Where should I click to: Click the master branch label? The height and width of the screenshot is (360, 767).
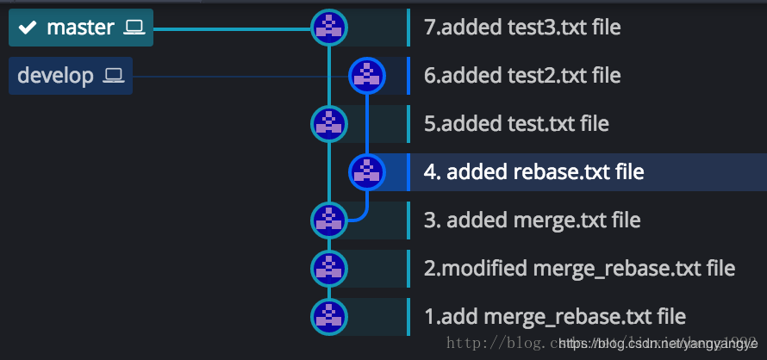80,28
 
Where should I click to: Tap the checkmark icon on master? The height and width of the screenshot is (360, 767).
28,28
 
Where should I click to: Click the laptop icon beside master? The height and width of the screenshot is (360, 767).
134,28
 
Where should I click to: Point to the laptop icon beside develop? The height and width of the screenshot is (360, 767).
114,76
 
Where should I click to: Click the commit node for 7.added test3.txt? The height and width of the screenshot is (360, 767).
328,28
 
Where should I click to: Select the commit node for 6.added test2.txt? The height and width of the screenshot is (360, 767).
366,76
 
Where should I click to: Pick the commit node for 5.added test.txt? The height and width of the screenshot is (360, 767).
328,124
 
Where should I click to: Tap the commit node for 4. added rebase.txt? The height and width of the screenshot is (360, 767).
366,171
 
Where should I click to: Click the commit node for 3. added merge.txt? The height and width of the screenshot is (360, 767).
328,220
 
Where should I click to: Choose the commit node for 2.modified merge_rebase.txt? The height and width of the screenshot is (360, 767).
328,268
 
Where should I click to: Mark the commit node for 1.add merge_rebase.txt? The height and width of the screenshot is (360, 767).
328,316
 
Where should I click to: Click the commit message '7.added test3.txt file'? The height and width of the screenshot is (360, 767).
522,28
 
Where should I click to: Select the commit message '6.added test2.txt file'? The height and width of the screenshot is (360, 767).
522,76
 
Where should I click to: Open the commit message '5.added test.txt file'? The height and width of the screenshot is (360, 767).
516,124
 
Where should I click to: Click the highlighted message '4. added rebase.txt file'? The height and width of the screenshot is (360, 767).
533,171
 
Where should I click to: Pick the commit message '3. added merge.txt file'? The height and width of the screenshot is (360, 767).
532,220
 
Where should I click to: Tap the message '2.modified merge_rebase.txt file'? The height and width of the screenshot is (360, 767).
579,268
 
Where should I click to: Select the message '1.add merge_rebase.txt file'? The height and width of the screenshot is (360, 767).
555,316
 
